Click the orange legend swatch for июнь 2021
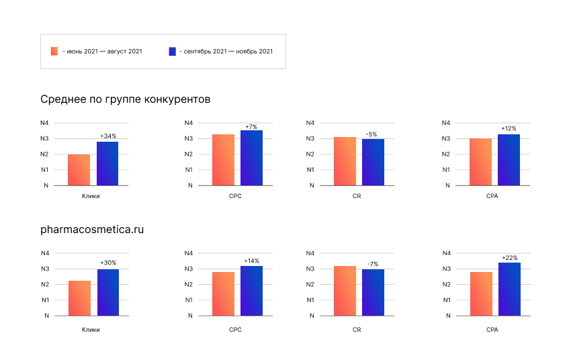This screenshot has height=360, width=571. [x=54, y=51]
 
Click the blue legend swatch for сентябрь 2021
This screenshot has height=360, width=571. [x=173, y=51]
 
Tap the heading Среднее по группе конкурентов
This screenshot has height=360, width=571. [x=126, y=99]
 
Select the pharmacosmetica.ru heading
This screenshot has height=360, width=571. [x=92, y=230]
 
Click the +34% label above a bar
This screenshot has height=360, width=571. [x=107, y=136]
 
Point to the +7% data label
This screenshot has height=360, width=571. [x=251, y=126]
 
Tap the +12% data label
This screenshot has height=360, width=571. [x=509, y=128]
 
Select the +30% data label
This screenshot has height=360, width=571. [x=107, y=263]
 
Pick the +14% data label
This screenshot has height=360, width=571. [x=251, y=261]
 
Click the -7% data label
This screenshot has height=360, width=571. [x=373, y=263]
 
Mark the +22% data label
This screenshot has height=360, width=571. [x=509, y=257]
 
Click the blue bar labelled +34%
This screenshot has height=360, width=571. [x=107, y=164]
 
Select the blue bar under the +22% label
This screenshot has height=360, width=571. [x=509, y=289]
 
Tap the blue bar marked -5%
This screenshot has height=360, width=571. [x=374, y=163]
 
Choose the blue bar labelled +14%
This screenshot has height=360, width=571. [x=251, y=291]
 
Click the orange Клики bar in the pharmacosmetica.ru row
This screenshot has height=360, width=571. [x=79, y=298]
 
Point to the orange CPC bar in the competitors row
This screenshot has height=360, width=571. [x=224, y=160]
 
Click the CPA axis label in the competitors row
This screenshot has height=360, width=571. [x=492, y=197]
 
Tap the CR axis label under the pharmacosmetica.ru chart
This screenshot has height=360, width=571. [x=357, y=330]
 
